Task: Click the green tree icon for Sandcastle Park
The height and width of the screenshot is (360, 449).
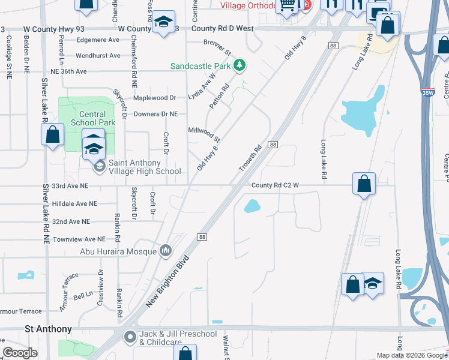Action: tap(240, 65)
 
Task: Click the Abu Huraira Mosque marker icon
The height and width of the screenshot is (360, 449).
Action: tap(166, 251)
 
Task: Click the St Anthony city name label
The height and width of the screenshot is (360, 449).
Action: tap(48, 329)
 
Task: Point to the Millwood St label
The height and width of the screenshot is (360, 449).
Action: tap(204, 134)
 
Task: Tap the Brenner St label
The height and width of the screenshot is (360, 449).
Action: tap(217, 46)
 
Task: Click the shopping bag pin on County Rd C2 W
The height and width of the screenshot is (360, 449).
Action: tap(364, 184)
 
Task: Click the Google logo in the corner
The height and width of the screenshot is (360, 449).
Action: tap(20, 353)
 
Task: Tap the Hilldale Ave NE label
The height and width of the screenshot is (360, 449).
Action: tap(74, 204)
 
